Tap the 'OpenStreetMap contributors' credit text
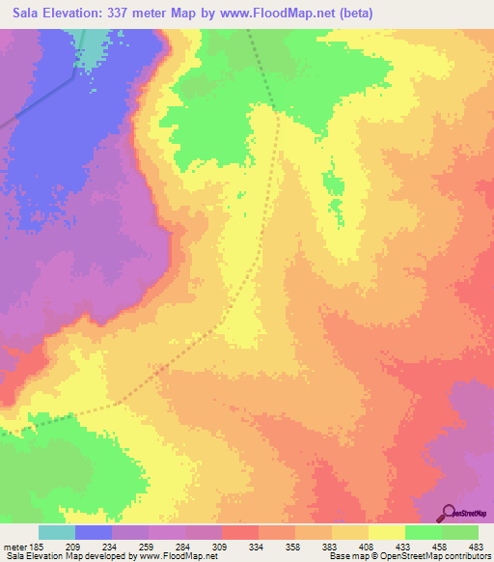444,556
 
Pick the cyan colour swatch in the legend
57,532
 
